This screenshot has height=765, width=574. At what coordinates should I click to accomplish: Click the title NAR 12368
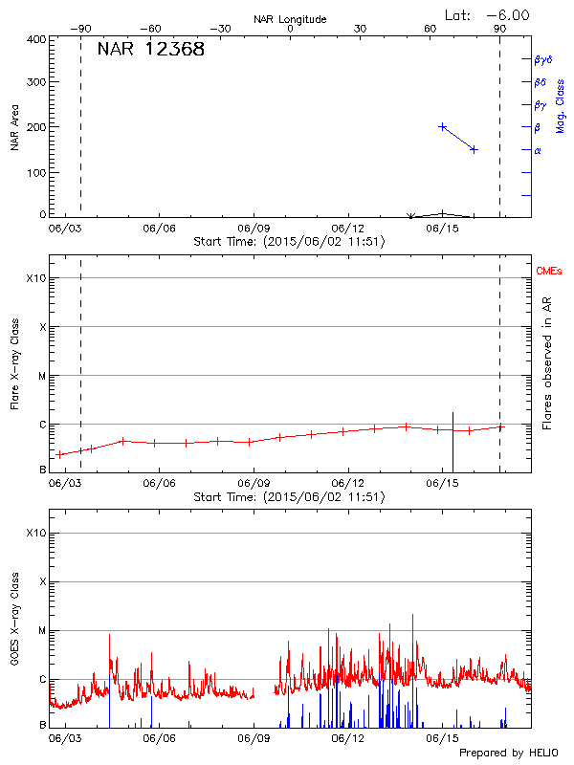(151, 50)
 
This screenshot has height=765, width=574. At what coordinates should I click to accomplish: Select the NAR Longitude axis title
(290, 18)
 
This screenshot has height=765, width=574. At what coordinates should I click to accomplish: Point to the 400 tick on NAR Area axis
(37, 40)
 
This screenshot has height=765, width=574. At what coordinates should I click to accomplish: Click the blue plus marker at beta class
(443, 126)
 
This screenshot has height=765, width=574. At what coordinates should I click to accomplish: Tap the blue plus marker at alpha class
(474, 149)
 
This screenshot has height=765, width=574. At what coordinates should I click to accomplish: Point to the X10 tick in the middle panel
(35, 278)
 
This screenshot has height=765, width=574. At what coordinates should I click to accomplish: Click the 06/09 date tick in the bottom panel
(253, 738)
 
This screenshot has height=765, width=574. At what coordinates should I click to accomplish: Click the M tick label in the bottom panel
(42, 630)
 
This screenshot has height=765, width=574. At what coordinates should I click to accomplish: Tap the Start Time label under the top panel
(289, 242)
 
